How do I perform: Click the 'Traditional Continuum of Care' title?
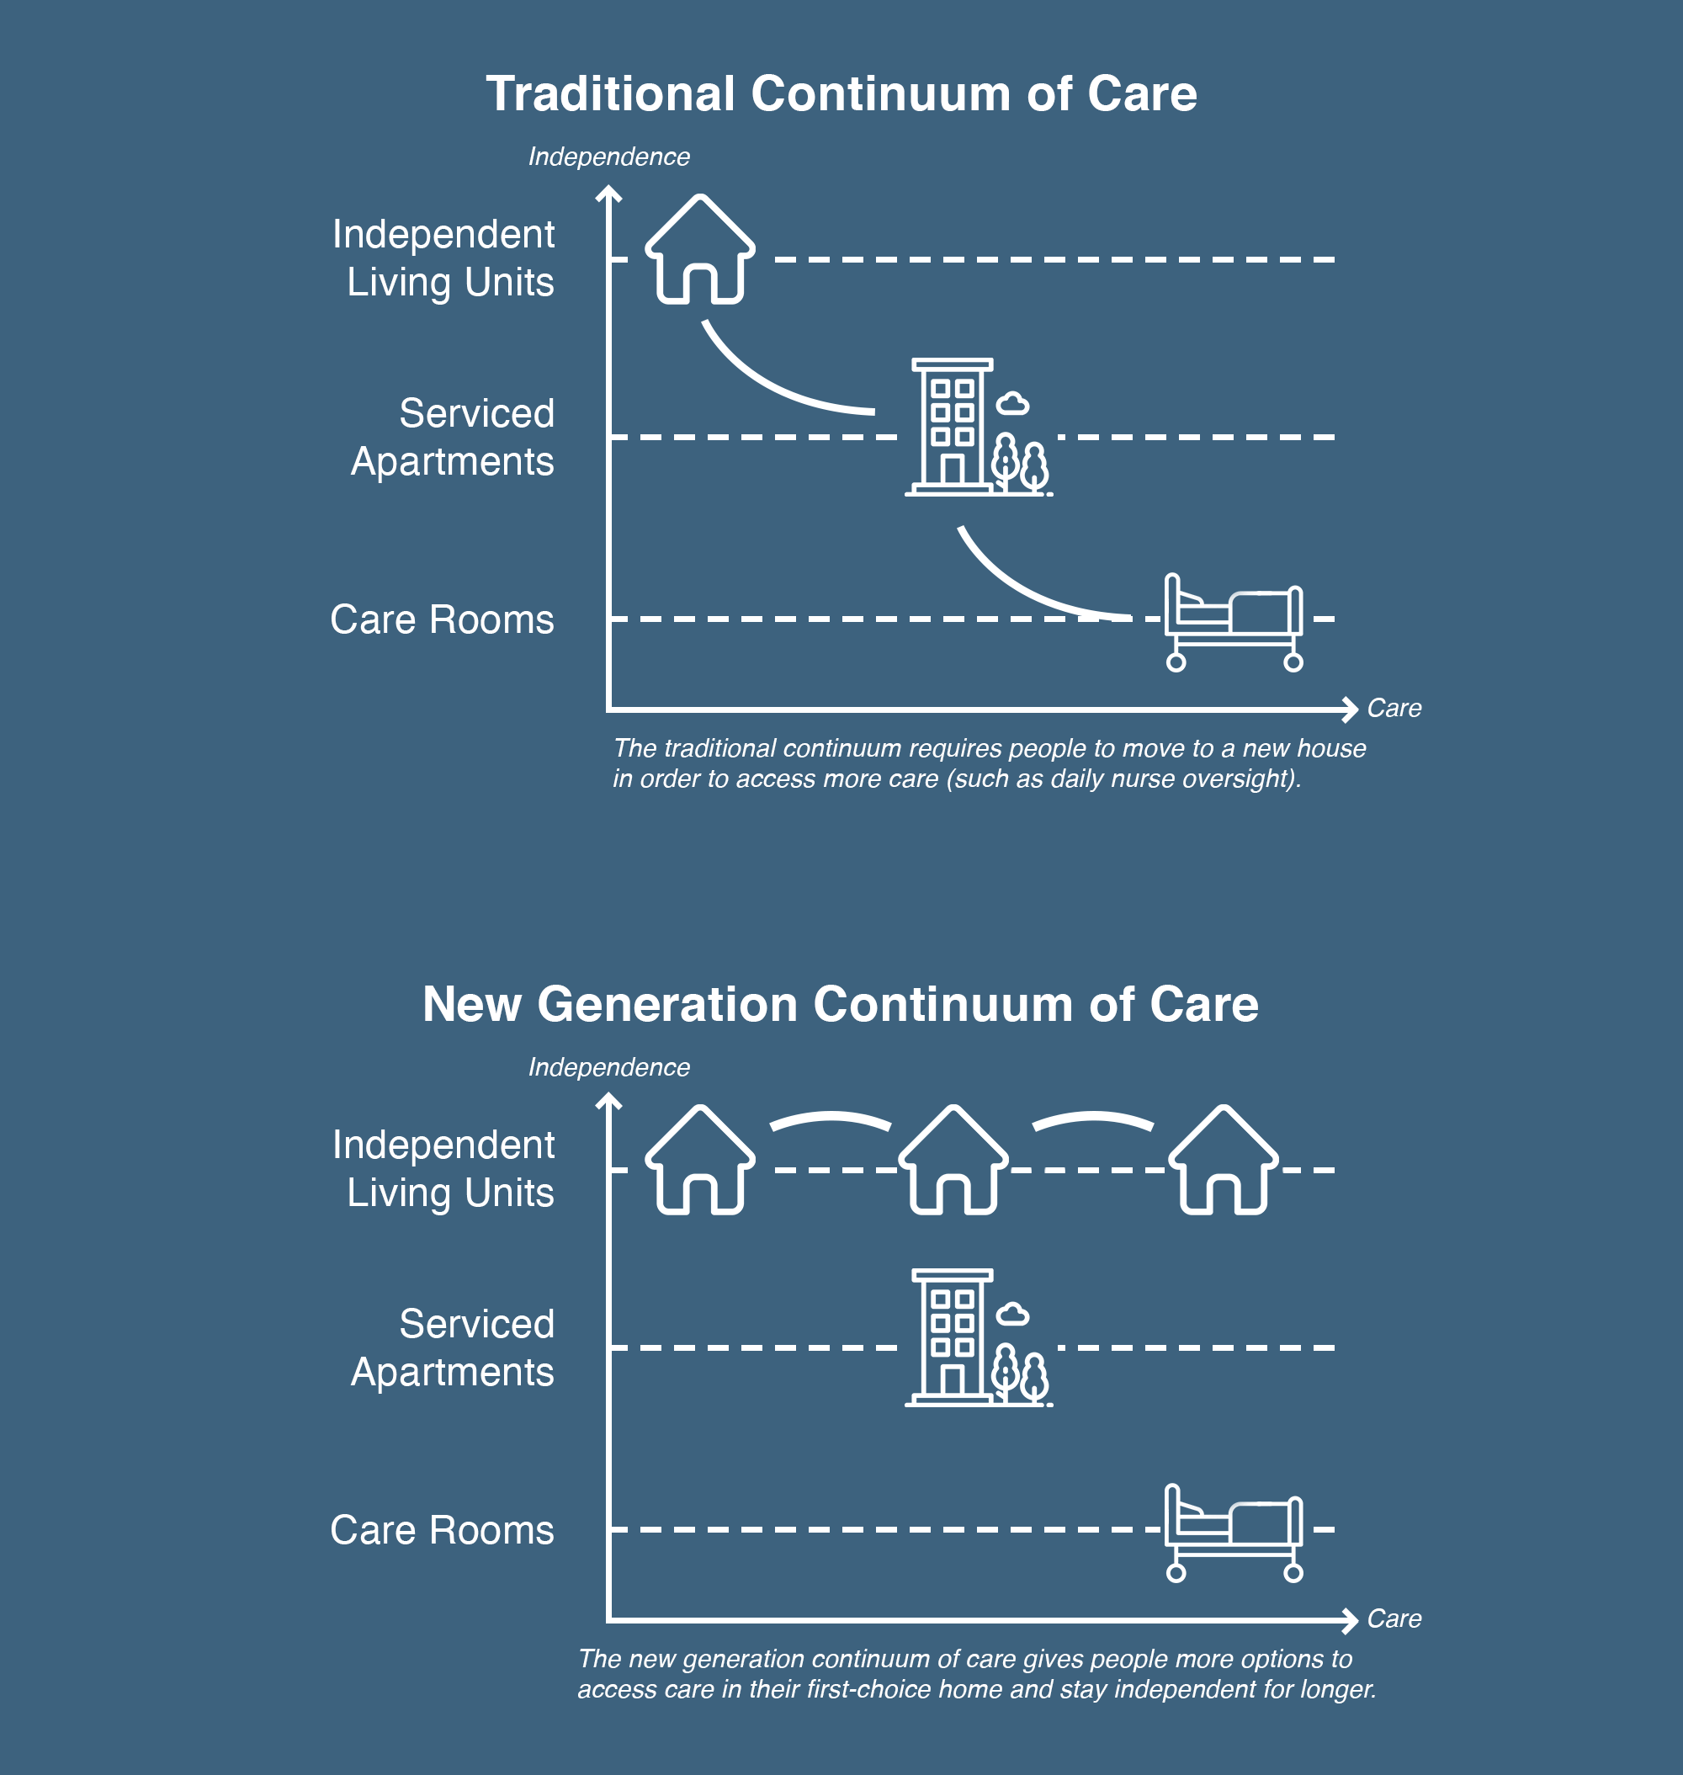point(841,94)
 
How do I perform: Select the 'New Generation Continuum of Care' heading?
point(841,1004)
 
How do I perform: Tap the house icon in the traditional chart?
point(700,248)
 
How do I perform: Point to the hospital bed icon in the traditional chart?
point(1234,622)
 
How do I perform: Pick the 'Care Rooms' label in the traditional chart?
point(443,619)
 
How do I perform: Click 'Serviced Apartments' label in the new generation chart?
point(453,1347)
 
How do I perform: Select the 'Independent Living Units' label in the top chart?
point(444,258)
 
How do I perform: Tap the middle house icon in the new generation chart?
point(953,1160)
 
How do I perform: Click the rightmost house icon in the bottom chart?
point(1224,1160)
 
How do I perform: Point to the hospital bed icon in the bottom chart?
point(1234,1533)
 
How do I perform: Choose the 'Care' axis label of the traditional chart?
point(1394,708)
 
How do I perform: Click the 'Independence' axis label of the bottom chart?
point(609,1067)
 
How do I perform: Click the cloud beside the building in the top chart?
point(1013,404)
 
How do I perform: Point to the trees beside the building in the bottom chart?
point(1021,1374)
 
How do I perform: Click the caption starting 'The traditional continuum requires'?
point(990,763)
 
